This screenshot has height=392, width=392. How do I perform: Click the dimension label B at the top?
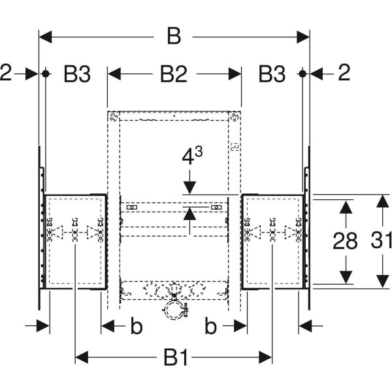(174, 37)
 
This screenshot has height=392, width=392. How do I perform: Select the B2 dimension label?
(173, 74)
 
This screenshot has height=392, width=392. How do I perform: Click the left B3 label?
(76, 74)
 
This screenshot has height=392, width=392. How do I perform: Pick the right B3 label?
(271, 74)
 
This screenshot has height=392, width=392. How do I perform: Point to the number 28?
(345, 241)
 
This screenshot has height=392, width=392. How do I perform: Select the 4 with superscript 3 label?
(191, 157)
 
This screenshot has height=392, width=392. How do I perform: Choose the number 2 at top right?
(344, 73)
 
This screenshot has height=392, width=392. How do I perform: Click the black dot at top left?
(46, 73)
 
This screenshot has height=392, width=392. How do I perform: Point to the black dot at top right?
(302, 73)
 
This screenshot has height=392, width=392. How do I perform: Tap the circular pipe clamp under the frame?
(174, 312)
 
